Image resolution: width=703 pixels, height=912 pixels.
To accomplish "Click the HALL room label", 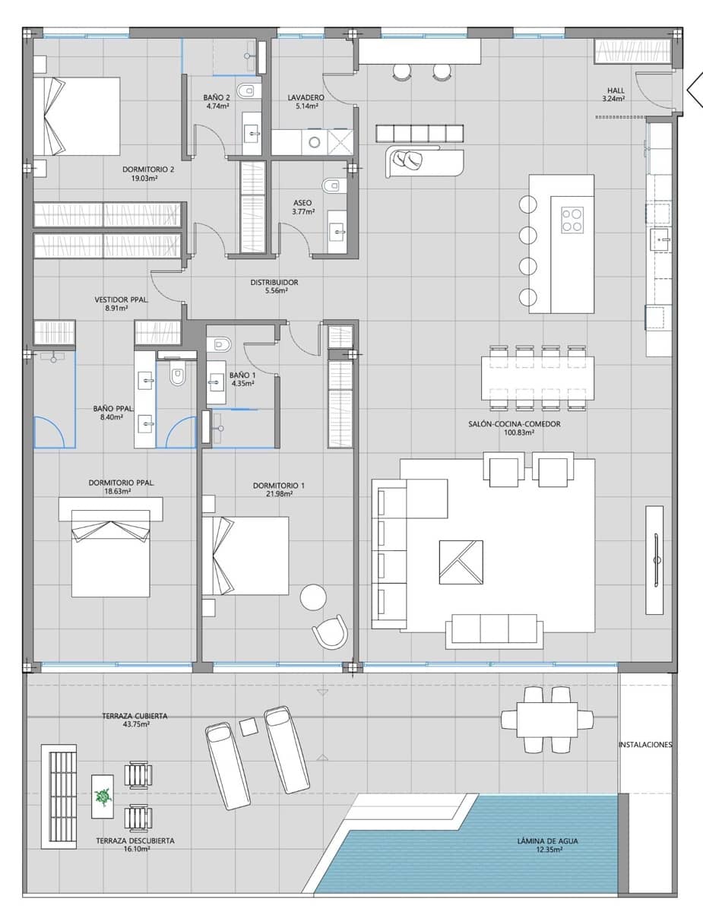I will [613, 89].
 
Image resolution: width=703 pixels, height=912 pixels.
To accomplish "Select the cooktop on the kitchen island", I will [572, 220].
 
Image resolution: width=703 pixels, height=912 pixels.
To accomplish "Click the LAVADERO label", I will [306, 98].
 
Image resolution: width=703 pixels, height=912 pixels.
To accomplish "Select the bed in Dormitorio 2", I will [76, 115].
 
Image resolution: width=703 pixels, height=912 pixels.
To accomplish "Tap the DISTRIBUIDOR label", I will [274, 282].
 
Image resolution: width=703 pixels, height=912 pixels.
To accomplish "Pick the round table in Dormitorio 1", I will [313, 597].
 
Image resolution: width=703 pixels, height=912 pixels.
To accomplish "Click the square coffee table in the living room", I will [461, 562].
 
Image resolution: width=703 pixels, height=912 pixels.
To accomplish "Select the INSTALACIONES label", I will [645, 745].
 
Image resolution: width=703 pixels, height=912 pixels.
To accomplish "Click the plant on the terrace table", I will [102, 796].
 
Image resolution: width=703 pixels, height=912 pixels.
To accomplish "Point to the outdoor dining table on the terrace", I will [547, 719].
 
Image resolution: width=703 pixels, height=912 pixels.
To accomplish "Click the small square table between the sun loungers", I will [249, 727].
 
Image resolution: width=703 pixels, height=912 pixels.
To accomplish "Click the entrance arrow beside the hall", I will [694, 90].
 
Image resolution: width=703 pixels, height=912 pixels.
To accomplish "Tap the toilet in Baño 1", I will [220, 344].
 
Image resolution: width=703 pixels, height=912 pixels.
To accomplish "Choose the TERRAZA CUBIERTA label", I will [135, 716].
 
